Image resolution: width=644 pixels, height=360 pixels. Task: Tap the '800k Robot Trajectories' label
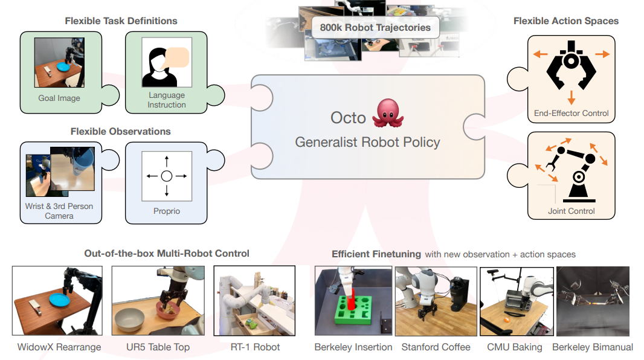tap(375, 27)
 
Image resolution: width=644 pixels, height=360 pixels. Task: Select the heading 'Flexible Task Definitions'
tap(121, 21)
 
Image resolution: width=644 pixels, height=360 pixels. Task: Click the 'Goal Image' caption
tap(59, 98)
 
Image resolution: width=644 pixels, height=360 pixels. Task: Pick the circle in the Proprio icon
tap(167, 176)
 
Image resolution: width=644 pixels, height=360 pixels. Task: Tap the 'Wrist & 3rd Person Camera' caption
tap(59, 211)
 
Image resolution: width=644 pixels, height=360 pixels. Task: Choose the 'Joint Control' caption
tap(571, 211)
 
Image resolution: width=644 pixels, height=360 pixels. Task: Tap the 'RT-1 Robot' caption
tap(255, 347)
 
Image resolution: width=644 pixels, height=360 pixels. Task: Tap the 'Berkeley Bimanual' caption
tap(592, 347)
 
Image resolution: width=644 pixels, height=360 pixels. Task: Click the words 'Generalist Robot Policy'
tap(367, 143)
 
